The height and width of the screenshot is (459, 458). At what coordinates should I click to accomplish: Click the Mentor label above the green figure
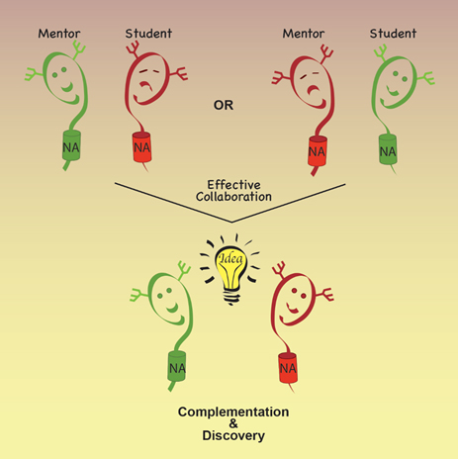(59, 34)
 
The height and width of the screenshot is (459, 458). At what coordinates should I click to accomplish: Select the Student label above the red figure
(148, 34)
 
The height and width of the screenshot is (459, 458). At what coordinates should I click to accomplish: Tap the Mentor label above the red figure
(304, 34)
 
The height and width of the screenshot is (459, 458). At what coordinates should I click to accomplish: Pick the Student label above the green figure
(393, 34)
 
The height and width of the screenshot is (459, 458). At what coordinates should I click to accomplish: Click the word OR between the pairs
(224, 105)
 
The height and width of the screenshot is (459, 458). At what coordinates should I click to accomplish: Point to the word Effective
(233, 185)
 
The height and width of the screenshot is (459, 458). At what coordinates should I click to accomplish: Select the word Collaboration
(233, 197)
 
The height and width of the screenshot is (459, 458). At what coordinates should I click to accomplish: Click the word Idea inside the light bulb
(230, 258)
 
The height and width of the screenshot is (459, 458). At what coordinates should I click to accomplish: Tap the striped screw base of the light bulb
(231, 298)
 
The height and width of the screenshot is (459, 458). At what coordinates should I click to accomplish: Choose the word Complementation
(233, 412)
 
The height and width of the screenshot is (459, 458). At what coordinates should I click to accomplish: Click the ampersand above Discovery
(233, 423)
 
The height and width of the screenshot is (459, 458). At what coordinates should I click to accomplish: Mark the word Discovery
(233, 435)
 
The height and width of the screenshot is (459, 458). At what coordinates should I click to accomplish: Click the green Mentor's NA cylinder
(71, 145)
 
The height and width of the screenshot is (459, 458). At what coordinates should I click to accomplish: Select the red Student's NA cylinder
(142, 147)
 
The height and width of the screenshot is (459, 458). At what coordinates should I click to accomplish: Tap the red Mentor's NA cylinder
(318, 151)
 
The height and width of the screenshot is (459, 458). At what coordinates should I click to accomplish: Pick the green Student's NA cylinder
(388, 150)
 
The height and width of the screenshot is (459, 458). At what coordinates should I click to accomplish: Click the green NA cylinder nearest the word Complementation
(177, 366)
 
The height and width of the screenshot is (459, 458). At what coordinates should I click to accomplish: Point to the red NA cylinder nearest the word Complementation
(288, 368)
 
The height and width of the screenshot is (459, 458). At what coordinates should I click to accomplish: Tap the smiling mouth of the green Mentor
(68, 87)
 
